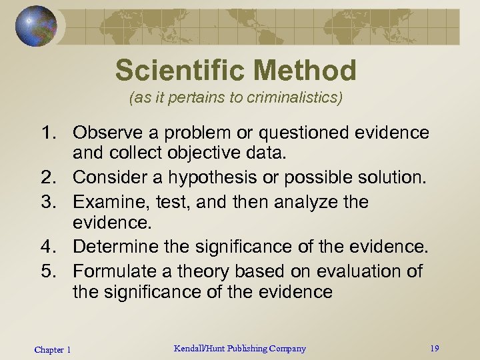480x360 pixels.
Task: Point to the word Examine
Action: click(x=106, y=201)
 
